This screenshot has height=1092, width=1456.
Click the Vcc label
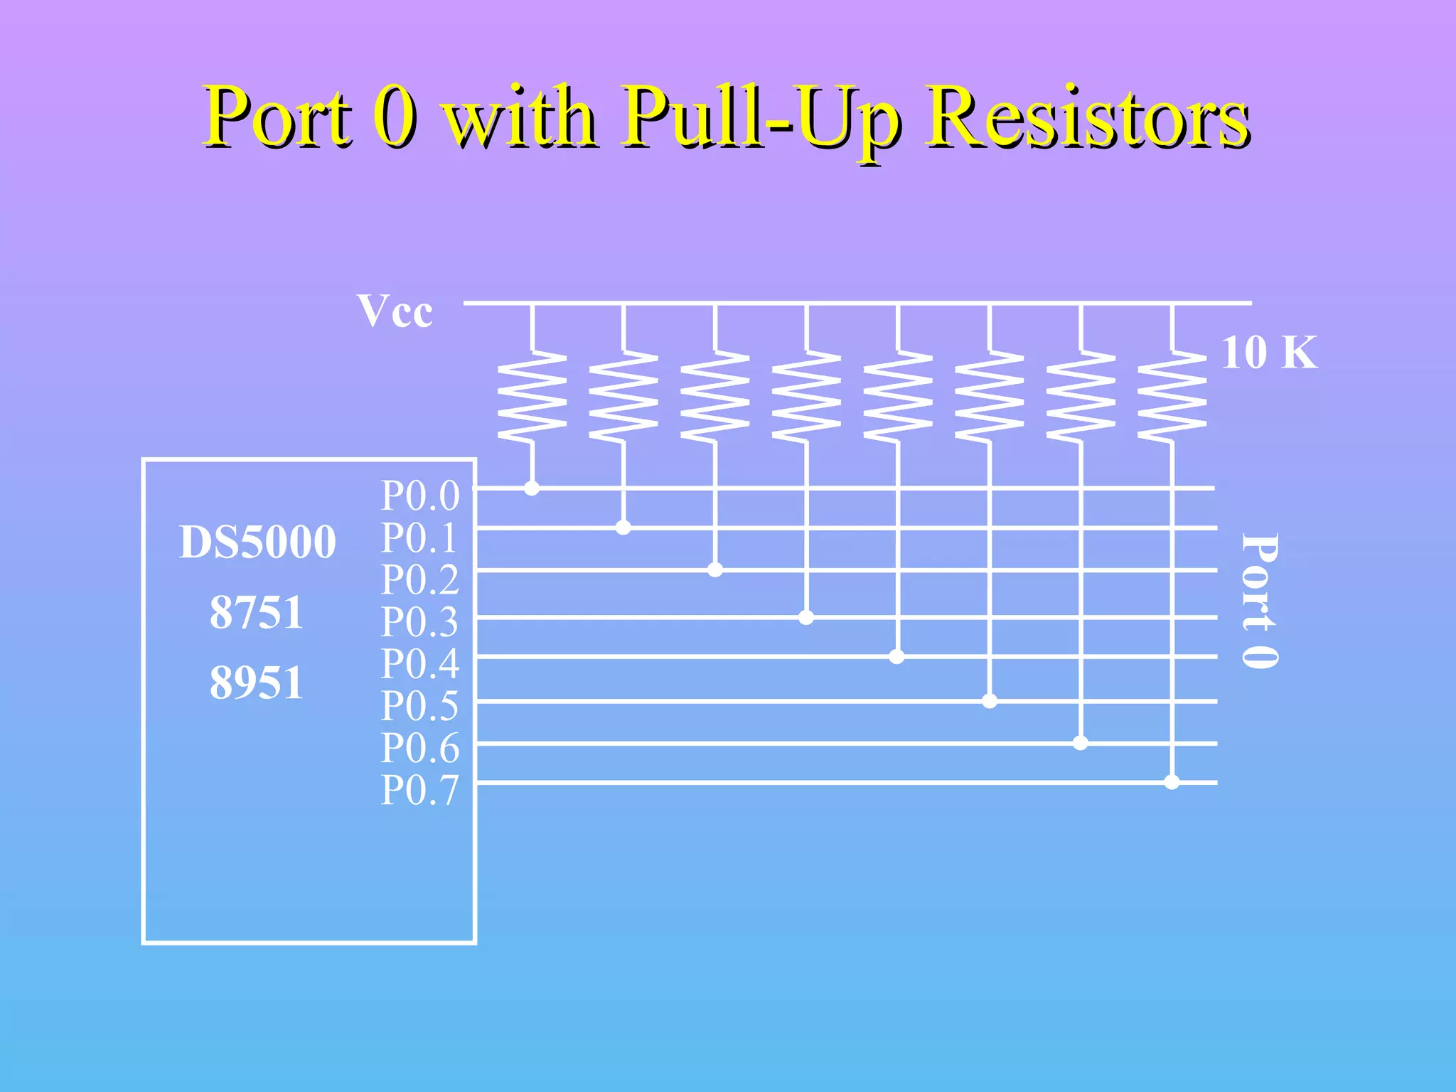click(x=395, y=311)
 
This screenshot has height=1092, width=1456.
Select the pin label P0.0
click(x=420, y=496)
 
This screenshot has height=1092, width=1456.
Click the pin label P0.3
click(x=420, y=622)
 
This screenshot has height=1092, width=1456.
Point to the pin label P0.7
click(x=420, y=790)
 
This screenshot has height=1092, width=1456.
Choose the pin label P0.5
click(x=420, y=706)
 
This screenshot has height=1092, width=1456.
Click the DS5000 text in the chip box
click(x=257, y=542)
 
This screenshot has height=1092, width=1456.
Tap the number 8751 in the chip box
click(x=257, y=612)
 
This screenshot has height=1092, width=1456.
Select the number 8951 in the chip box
click(x=257, y=682)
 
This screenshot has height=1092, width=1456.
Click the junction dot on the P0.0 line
click(x=532, y=488)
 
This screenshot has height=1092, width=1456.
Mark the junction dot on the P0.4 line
click(x=897, y=657)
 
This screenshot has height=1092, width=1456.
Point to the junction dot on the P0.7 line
click(x=1172, y=782)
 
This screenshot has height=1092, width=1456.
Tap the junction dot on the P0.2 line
click(x=715, y=570)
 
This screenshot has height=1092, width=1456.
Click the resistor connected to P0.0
click(x=532, y=396)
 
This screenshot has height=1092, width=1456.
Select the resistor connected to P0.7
click(x=1172, y=396)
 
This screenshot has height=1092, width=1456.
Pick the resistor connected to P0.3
click(x=806, y=396)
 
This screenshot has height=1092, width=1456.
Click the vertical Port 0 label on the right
click(x=1259, y=601)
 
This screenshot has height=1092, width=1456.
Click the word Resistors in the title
click(x=1088, y=117)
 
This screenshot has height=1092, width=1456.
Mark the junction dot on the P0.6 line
click(x=1081, y=743)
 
